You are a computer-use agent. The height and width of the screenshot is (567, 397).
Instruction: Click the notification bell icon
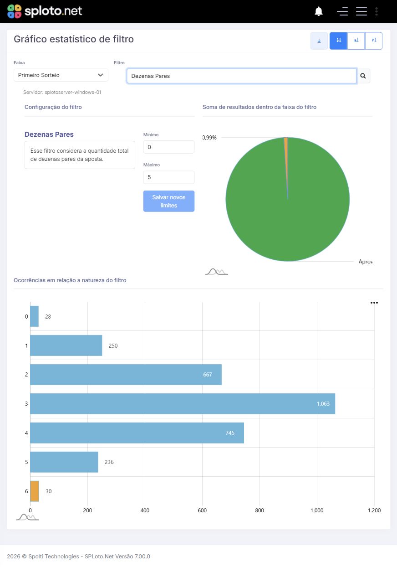[x=319, y=11]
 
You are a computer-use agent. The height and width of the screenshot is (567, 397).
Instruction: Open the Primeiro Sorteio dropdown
[x=61, y=75]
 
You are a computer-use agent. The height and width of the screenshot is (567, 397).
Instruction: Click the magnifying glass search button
[x=363, y=76]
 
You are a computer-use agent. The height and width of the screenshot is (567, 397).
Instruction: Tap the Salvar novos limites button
[x=168, y=201]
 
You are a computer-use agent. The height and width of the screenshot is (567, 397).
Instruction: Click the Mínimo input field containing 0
[x=168, y=147]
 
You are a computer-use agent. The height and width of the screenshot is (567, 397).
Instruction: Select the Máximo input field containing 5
[x=168, y=177]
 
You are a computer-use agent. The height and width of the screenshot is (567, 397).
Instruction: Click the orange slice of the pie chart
[x=286, y=152]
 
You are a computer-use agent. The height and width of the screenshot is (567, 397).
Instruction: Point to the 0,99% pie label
[x=209, y=138]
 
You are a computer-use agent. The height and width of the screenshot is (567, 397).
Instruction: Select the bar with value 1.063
[x=183, y=404]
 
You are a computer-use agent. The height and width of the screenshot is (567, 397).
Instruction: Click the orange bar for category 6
[x=35, y=491]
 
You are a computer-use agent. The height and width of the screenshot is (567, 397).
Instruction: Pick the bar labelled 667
[x=126, y=375]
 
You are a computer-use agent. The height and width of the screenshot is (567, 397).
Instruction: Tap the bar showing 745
[x=137, y=433]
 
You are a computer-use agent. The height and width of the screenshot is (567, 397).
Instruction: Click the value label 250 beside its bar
[x=113, y=346]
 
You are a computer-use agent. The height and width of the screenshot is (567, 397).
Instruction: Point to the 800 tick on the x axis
[x=260, y=510]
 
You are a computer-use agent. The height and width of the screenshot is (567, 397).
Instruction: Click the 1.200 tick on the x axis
[x=374, y=510]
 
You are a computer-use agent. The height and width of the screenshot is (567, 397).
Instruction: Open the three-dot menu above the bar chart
[x=374, y=303]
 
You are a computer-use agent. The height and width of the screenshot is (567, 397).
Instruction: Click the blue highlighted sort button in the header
[x=338, y=41]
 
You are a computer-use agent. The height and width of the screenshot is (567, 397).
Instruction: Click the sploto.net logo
[x=45, y=11]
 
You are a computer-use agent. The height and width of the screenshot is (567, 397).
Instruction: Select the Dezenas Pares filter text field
[x=241, y=76]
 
